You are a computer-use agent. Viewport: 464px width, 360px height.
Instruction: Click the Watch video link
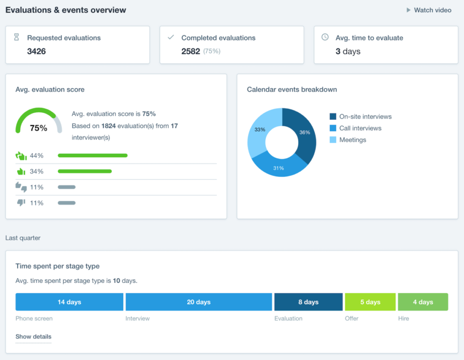(429, 10)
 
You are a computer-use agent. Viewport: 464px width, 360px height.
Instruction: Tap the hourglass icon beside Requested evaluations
(17, 37)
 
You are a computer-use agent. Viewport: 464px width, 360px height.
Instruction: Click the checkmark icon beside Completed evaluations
(171, 37)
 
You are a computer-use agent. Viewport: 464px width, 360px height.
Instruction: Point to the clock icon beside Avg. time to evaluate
(325, 37)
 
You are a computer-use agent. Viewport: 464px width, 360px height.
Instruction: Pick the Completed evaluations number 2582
(191, 51)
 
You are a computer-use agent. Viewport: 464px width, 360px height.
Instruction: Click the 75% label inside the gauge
(39, 128)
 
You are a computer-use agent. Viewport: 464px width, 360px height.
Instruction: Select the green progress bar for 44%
(93, 156)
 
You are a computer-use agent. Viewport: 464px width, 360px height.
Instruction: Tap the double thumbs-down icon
(21, 187)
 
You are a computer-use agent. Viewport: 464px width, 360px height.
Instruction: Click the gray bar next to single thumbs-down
(67, 203)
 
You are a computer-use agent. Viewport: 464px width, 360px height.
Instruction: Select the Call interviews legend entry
(360, 128)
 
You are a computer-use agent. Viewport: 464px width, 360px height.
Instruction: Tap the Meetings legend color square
(333, 140)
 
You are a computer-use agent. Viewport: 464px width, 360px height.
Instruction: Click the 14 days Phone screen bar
(69, 302)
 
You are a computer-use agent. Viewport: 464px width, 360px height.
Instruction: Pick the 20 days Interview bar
(199, 302)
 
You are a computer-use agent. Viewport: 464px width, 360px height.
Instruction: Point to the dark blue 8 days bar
(308, 302)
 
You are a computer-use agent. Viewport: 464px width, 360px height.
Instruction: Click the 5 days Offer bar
(370, 302)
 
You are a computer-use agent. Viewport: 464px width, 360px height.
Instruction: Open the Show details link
(33, 336)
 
